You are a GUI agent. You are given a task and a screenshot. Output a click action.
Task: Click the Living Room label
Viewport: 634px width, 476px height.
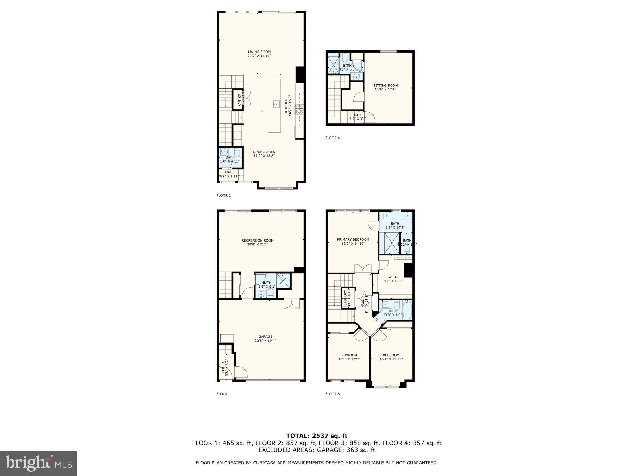259,52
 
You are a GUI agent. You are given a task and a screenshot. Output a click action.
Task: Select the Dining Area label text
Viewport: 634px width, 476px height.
264,152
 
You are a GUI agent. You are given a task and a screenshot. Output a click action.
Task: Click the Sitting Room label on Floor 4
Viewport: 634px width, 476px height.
385,85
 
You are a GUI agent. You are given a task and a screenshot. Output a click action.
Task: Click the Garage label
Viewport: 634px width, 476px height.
265,337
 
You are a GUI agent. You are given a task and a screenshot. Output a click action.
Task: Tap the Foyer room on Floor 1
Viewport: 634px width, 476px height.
225,369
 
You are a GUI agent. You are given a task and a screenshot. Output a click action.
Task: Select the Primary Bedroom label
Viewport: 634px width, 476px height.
353,240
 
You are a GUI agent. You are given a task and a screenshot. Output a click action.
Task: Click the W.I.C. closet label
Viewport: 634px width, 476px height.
393,277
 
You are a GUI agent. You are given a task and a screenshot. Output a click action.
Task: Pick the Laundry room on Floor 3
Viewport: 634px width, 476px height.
347,298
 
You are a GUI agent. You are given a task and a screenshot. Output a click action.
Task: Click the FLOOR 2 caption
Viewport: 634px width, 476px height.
224,195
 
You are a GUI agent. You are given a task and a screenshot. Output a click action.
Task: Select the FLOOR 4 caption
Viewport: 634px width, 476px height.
332,138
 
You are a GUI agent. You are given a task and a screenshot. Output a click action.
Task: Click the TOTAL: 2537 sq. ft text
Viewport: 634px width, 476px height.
317,436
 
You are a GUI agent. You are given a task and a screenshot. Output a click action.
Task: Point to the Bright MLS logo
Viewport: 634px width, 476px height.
38,463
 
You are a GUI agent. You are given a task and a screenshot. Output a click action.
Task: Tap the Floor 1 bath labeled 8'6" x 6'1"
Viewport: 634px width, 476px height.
267,285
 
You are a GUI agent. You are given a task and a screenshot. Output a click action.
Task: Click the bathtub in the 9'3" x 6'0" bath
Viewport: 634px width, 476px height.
406,310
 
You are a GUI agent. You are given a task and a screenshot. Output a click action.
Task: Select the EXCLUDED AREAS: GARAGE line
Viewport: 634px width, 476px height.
317,450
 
